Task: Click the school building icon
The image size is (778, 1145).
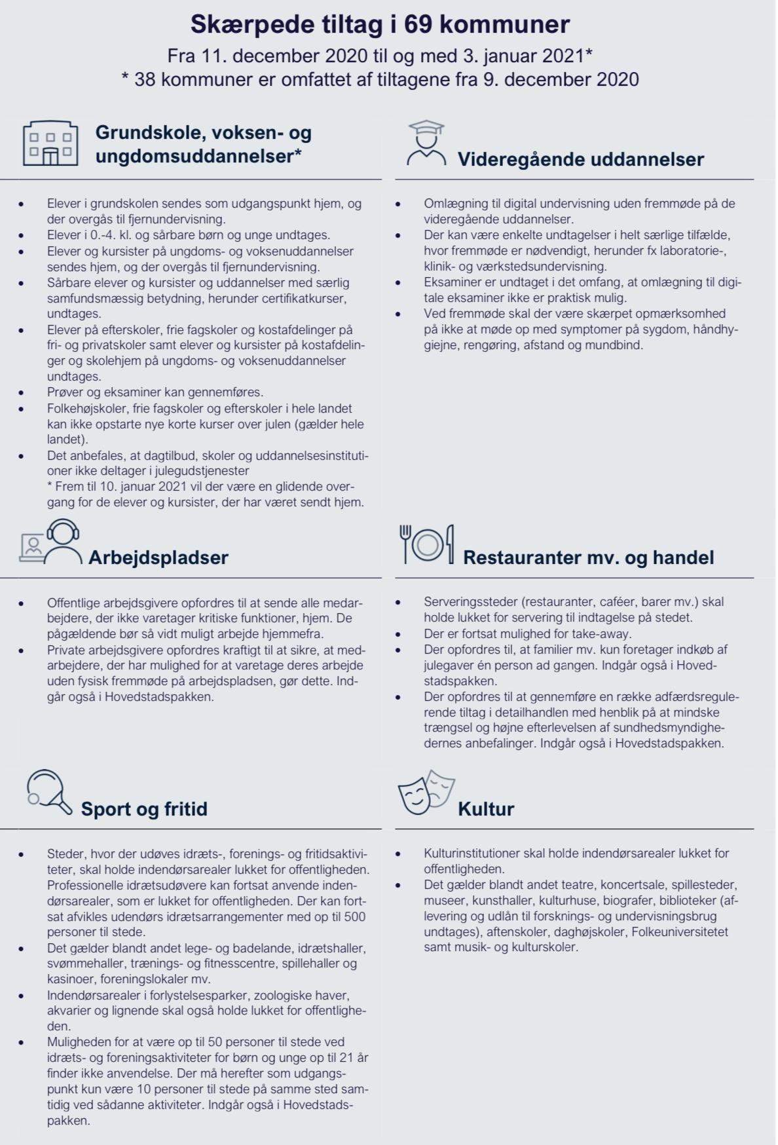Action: tap(50, 143)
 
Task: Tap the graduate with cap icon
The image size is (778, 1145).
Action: tap(426, 142)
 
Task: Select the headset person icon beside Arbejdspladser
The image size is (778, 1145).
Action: tap(51, 542)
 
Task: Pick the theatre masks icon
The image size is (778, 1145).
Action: tap(426, 792)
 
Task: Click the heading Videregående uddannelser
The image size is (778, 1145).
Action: tap(580, 159)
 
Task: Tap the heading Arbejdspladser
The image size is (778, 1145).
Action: tap(158, 557)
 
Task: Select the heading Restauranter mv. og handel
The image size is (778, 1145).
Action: tap(588, 557)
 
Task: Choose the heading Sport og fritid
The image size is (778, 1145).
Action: tap(144, 809)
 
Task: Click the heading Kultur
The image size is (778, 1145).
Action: tap(486, 809)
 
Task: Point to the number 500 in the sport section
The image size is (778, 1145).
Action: tap(354, 916)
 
